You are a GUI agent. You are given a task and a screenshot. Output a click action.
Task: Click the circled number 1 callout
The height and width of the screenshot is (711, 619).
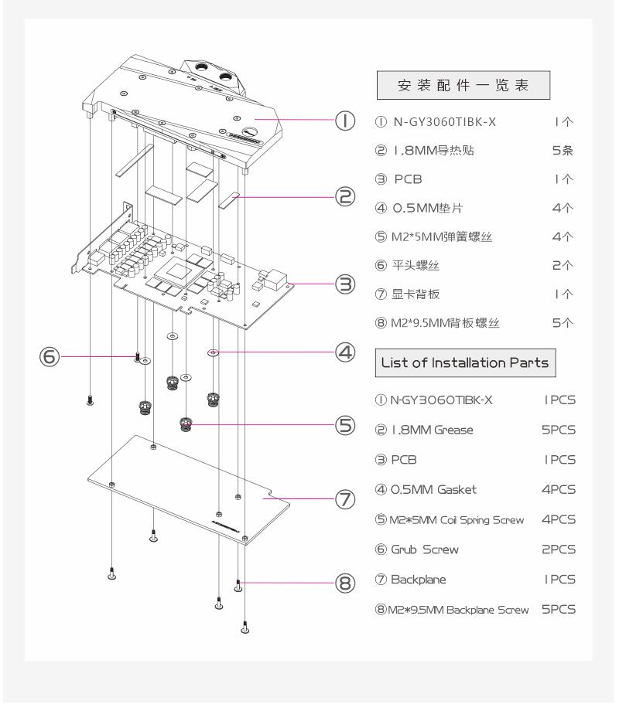pos(344,121)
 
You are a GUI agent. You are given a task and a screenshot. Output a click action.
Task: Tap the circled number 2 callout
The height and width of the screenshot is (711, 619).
pos(344,196)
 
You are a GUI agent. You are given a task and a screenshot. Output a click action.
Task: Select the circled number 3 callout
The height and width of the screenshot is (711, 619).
pos(344,284)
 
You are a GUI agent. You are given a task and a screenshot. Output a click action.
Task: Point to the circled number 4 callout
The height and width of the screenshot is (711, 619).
pos(344,352)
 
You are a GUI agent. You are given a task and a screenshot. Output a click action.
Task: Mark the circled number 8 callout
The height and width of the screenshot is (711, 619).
pos(344,584)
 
